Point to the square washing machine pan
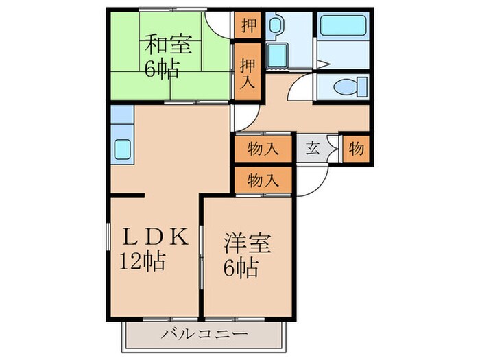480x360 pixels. [278, 55]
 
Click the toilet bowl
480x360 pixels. [347, 87]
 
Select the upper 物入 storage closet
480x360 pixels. [263, 148]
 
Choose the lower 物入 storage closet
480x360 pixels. [263, 182]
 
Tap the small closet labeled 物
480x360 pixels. [356, 148]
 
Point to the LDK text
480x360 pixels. [154, 237]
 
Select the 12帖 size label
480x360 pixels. [143, 262]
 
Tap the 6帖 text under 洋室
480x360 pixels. [241, 268]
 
